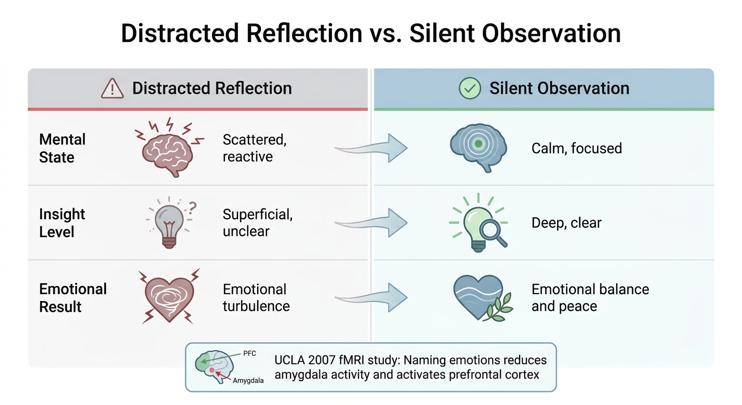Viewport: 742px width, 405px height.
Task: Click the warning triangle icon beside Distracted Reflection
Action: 112,89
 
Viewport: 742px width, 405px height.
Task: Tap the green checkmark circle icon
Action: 470,88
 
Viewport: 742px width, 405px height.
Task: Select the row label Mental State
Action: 62,148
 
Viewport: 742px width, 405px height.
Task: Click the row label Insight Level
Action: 62,223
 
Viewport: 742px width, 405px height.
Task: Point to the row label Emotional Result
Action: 73,297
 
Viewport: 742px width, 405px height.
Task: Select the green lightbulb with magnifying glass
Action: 479,222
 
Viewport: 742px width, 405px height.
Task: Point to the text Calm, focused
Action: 577,148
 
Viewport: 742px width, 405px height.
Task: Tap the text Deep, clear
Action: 566,223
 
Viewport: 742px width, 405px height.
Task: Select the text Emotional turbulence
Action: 256,297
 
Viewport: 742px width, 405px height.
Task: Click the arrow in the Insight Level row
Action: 372,223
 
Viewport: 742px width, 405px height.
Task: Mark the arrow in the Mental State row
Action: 372,148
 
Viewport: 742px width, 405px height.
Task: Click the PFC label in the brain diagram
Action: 249,353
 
